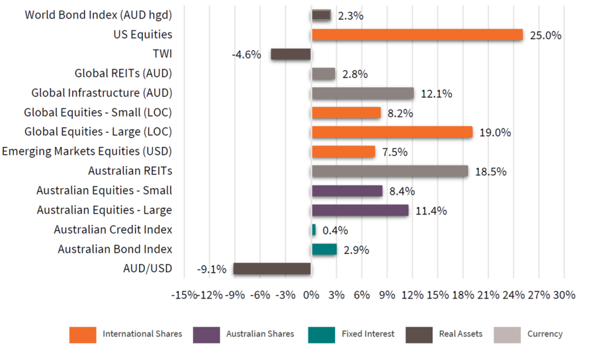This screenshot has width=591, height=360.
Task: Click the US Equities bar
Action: pyautogui.click(x=417, y=35)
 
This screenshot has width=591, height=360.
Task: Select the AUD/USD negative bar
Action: pyautogui.click(x=272, y=269)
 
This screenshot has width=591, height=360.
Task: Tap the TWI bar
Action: pyautogui.click(x=291, y=54)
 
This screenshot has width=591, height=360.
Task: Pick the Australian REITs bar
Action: pyautogui.click(x=390, y=171)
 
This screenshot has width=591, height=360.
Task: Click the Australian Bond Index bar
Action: pyautogui.click(x=324, y=249)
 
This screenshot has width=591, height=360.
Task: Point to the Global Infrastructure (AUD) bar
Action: pyautogui.click(x=363, y=93)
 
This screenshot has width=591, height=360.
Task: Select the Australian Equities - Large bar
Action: pyautogui.click(x=359, y=210)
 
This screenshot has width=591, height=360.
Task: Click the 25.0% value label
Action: pyautogui.click(x=546, y=35)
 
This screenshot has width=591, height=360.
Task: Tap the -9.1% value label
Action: pyautogui.click(x=212, y=269)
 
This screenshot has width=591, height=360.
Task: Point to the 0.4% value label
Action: pyautogui.click(x=335, y=230)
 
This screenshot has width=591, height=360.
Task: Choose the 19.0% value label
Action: pyautogui.click(x=495, y=132)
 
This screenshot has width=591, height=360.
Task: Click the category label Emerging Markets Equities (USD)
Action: pyautogui.click(x=87, y=151)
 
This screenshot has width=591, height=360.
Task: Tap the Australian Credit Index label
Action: pyautogui.click(x=113, y=230)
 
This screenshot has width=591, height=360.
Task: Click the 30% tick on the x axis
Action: pyautogui.click(x=564, y=295)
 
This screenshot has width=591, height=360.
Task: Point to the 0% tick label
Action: pyautogui.click(x=311, y=295)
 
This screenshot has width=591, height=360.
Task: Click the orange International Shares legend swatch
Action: pyautogui.click(x=82, y=334)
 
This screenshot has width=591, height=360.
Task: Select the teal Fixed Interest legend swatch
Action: pyautogui.click(x=321, y=334)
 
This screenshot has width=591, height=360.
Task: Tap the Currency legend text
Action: pyautogui.click(x=544, y=334)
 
